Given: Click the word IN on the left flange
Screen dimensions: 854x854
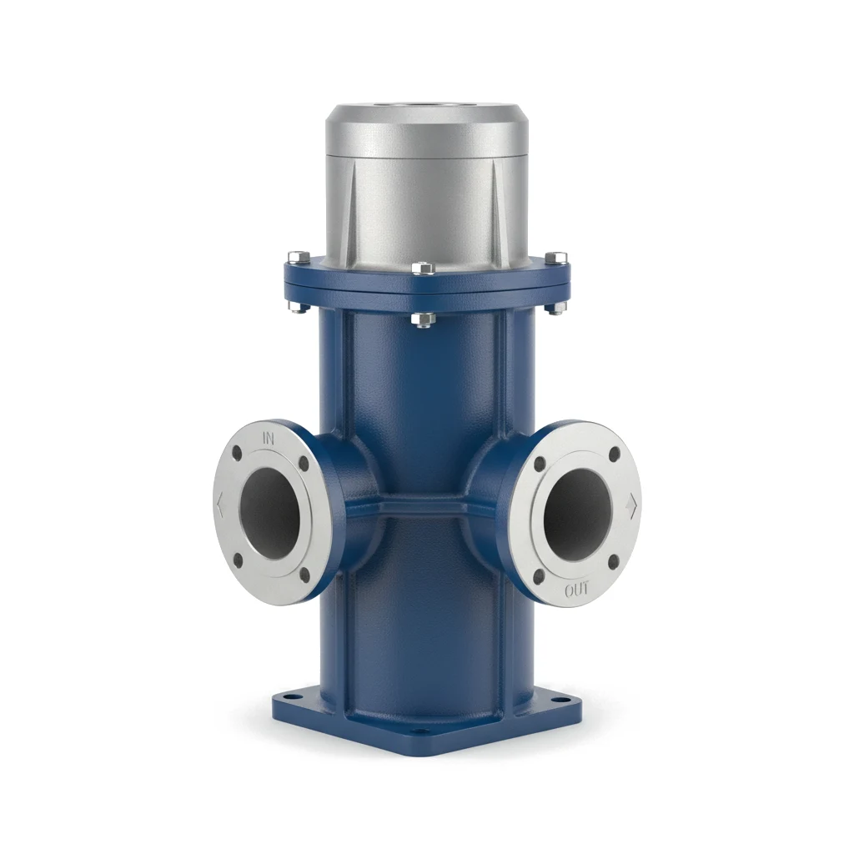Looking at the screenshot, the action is [269, 437].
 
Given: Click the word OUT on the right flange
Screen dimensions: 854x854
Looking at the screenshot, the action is [576, 590].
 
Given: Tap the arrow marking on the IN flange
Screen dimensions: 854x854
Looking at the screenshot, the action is [220, 505].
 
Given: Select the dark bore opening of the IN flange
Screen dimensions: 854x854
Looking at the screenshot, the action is [269, 513].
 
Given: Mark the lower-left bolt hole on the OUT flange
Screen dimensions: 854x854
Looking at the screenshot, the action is [540, 576].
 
